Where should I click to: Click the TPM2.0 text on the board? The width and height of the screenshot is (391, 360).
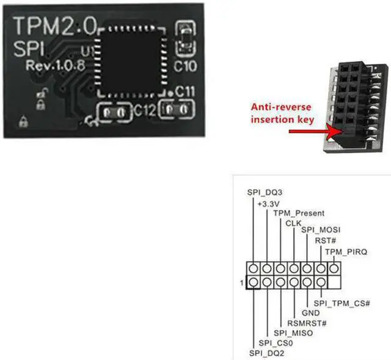click(54, 28)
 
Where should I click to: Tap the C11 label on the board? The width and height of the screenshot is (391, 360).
click(185, 92)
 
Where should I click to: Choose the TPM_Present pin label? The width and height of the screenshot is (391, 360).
click(299, 213)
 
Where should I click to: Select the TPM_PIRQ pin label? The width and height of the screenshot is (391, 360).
click(346, 251)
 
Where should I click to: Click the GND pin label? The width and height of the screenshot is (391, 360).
click(311, 313)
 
